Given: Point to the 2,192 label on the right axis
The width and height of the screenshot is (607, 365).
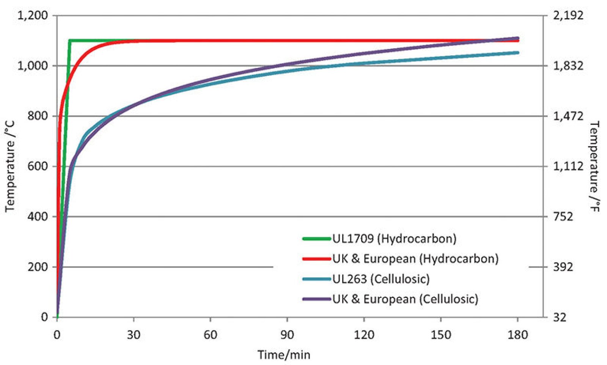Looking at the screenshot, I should click(568, 16).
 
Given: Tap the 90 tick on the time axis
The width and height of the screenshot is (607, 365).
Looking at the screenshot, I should click(287, 335).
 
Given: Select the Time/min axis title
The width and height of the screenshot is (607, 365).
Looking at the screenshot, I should click(284, 355).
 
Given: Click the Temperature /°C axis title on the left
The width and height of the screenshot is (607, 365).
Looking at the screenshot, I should click(10, 167).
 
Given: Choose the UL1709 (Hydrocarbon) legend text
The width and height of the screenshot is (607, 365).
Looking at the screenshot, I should click(394, 238).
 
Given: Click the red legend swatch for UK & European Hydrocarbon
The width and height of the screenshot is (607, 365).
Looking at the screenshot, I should click(316, 259).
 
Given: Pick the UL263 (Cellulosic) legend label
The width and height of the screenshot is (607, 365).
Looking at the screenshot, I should click(381, 279).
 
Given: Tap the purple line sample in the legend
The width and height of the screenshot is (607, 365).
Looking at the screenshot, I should click(316, 299).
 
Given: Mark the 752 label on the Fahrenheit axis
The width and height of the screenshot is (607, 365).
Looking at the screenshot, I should click(563, 217).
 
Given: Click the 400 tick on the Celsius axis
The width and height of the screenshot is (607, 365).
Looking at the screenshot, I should click(38, 217).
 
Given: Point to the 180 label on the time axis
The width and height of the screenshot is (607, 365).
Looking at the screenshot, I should click(517, 335).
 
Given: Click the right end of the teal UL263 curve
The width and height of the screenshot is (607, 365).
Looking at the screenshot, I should click(517, 53).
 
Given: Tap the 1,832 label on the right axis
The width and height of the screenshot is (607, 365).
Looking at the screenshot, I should click(568, 66).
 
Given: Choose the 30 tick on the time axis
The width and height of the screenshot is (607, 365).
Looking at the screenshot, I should click(134, 335).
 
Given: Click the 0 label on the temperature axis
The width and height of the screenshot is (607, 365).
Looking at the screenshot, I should click(44, 317).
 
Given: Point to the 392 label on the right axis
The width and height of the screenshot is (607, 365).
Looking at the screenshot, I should click(563, 267).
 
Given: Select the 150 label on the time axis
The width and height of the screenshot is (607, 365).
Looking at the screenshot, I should click(440, 335).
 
